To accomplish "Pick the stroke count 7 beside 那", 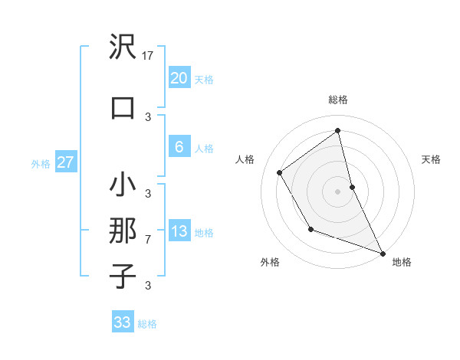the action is pyautogui.click(x=148, y=240).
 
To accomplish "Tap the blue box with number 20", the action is pyautogui.click(x=179, y=78).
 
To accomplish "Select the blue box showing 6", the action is pyautogui.click(x=179, y=148).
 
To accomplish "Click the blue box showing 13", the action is pyautogui.click(x=179, y=231).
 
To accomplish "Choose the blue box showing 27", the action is pyautogui.click(x=65, y=162).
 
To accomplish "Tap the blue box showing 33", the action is pyautogui.click(x=123, y=322).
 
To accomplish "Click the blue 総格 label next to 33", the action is pyautogui.click(x=147, y=324).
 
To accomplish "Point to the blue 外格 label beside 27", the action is pyautogui.click(x=41, y=163).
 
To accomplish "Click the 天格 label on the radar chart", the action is pyautogui.click(x=431, y=159).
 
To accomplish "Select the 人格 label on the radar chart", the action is pyautogui.click(x=245, y=159).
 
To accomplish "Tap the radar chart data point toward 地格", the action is pyautogui.click(x=383, y=254).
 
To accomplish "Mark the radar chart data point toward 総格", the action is pyautogui.click(x=337, y=131).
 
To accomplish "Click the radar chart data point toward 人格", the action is pyautogui.click(x=280, y=172).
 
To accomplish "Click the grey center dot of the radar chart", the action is pyautogui.click(x=337, y=191).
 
